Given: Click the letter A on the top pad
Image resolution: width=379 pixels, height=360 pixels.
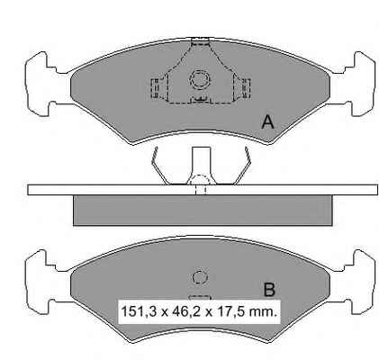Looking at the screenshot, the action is [267, 122].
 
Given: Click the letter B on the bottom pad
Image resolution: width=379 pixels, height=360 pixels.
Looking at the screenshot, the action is [269, 290].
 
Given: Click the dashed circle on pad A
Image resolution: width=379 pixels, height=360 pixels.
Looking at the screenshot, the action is [200, 79].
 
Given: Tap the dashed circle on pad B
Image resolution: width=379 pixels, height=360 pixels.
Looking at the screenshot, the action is [200, 277].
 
